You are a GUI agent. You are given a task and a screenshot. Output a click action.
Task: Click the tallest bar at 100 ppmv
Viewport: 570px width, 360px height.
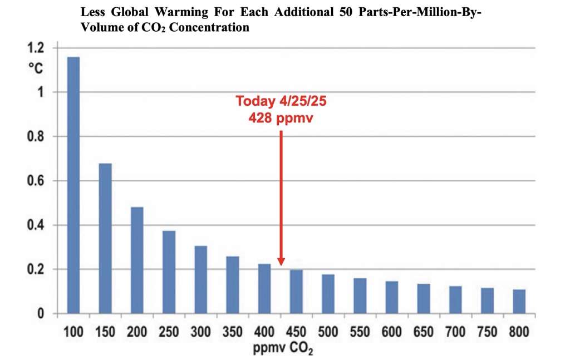(x=73, y=185)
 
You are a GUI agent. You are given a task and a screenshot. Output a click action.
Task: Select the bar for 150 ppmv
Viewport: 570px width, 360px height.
(x=105, y=238)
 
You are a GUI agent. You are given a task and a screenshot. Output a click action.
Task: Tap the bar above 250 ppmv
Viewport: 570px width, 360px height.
(x=169, y=272)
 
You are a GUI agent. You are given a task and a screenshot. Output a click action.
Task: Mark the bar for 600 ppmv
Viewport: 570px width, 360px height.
(x=392, y=298)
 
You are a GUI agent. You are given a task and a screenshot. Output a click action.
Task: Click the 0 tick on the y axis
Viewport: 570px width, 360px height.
(x=41, y=314)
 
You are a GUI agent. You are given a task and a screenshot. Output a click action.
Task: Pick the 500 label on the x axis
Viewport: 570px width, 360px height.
(x=328, y=333)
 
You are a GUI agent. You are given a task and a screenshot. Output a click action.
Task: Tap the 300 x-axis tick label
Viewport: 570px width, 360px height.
(x=201, y=333)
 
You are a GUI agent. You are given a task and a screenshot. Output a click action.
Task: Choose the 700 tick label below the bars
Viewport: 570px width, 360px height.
(x=455, y=333)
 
